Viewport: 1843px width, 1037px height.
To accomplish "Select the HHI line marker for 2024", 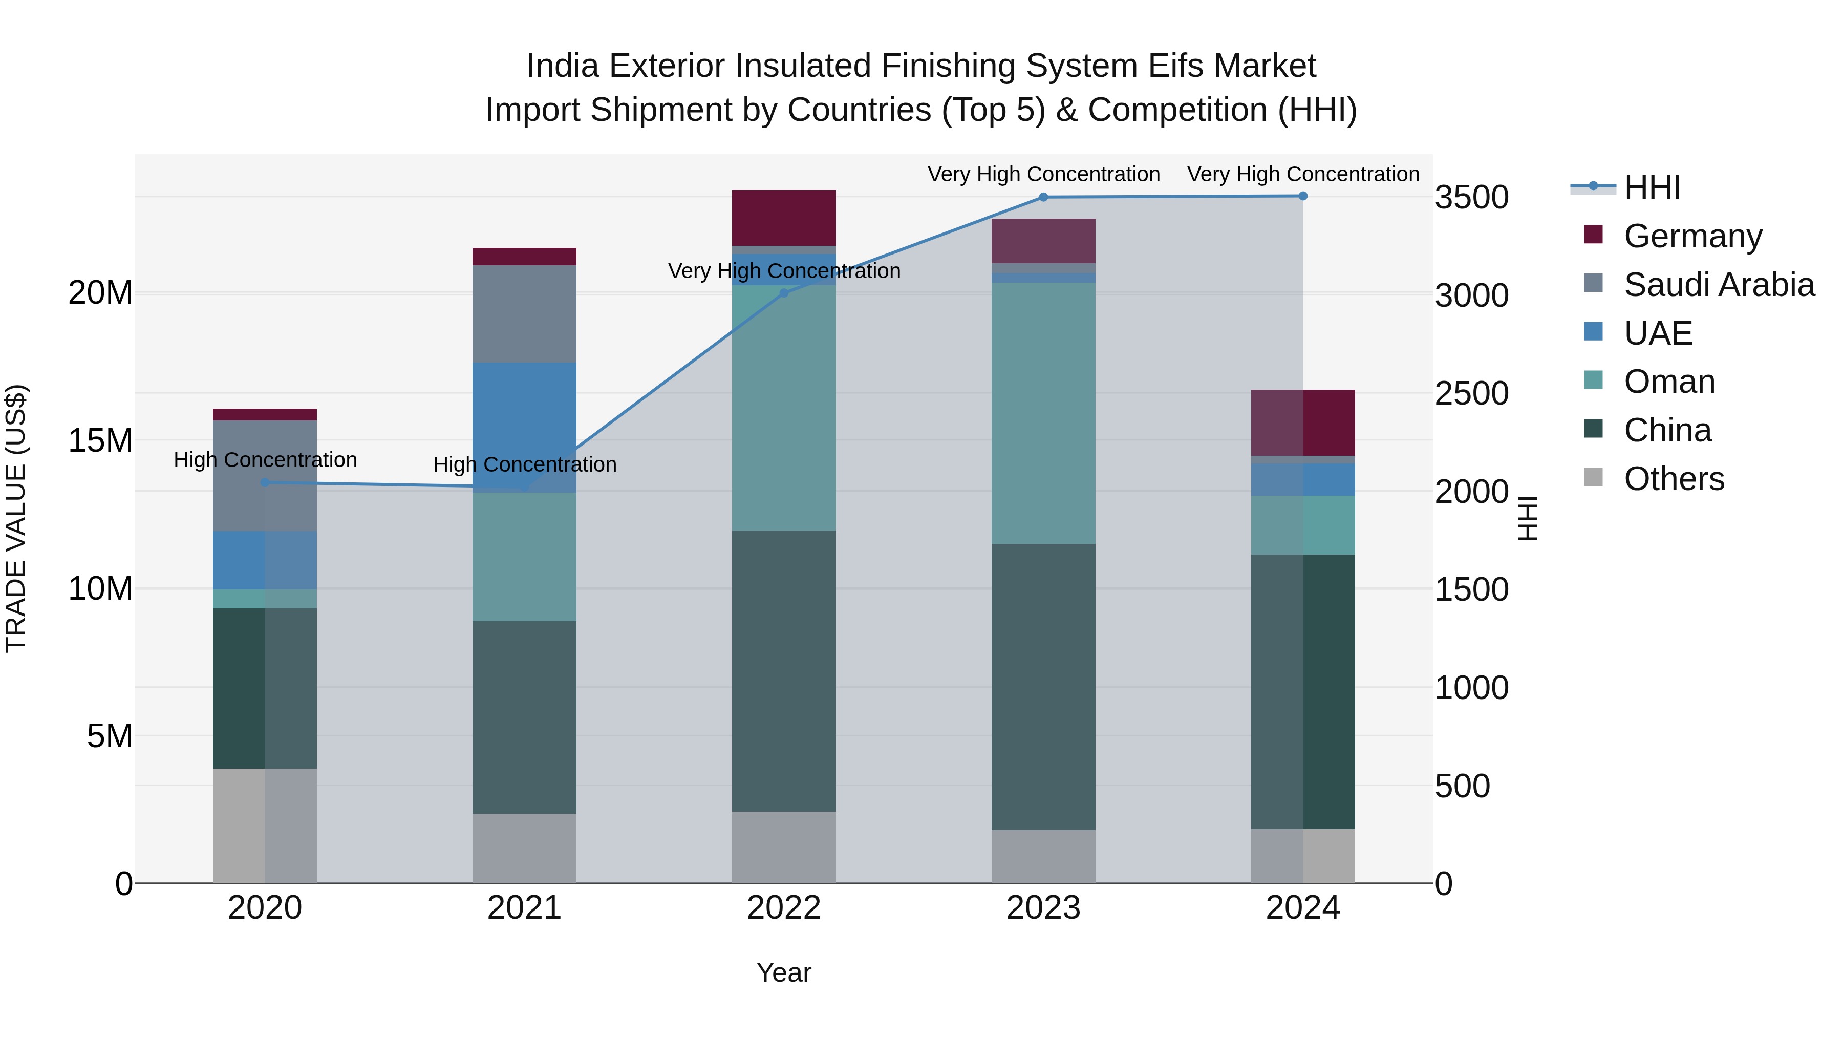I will coord(1303,196).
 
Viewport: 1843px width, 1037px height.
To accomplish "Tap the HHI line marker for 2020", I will coord(265,482).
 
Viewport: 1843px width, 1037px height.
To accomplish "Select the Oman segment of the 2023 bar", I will coord(1043,413).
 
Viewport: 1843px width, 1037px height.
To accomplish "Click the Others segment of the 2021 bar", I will coord(524,848).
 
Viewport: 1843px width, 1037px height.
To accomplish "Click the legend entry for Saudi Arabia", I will coord(1719,285).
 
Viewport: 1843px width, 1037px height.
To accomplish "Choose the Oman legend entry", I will coord(1669,382).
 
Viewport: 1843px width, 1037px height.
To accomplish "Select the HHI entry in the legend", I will coord(1652,187).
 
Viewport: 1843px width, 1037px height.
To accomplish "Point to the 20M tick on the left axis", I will coord(100,293).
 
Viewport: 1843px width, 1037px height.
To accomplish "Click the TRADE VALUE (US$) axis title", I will coord(16,518).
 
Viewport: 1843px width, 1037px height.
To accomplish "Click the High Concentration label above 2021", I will coord(524,464).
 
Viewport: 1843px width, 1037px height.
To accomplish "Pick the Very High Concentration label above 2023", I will coord(1043,174).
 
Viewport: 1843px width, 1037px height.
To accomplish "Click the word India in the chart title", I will coord(562,66).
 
